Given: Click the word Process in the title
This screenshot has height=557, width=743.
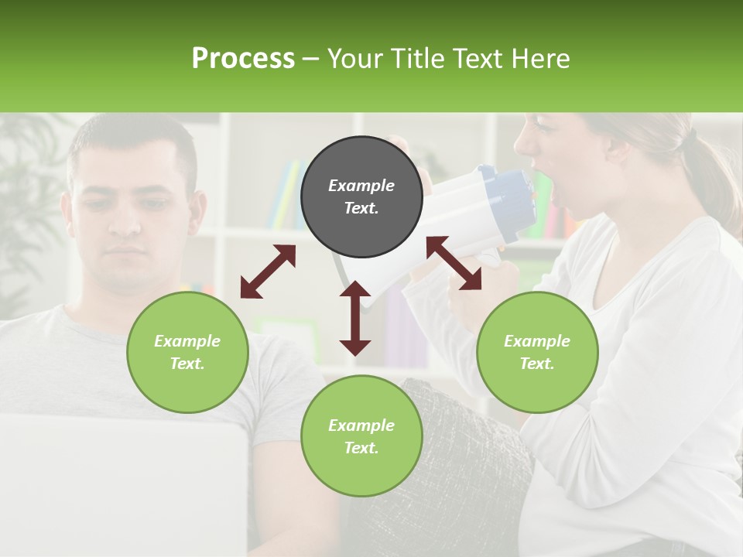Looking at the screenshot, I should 243,58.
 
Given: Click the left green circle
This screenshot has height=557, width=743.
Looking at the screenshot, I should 187,352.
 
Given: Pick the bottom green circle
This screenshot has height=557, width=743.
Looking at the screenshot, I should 361,436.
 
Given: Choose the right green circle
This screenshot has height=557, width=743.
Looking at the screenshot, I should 537,352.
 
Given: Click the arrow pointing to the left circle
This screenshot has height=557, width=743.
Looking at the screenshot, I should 268,272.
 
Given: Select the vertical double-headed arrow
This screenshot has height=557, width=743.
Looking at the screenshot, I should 355,318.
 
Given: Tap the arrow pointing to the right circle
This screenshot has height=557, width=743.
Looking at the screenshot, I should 454,263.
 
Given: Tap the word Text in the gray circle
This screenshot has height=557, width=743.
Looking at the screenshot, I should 361,208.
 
